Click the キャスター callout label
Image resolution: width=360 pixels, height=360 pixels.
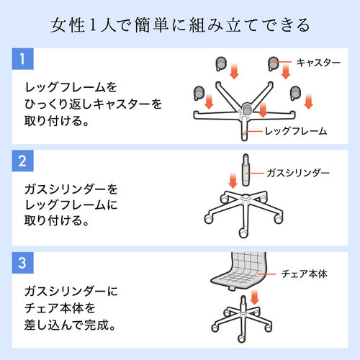click(x=318, y=63)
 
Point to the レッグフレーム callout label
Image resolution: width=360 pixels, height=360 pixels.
click(x=296, y=131)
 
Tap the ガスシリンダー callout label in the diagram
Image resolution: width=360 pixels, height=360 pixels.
click(x=297, y=174)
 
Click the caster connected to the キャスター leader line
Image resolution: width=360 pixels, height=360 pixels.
click(x=274, y=63)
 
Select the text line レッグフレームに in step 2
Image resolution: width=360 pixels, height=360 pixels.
click(x=72, y=206)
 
